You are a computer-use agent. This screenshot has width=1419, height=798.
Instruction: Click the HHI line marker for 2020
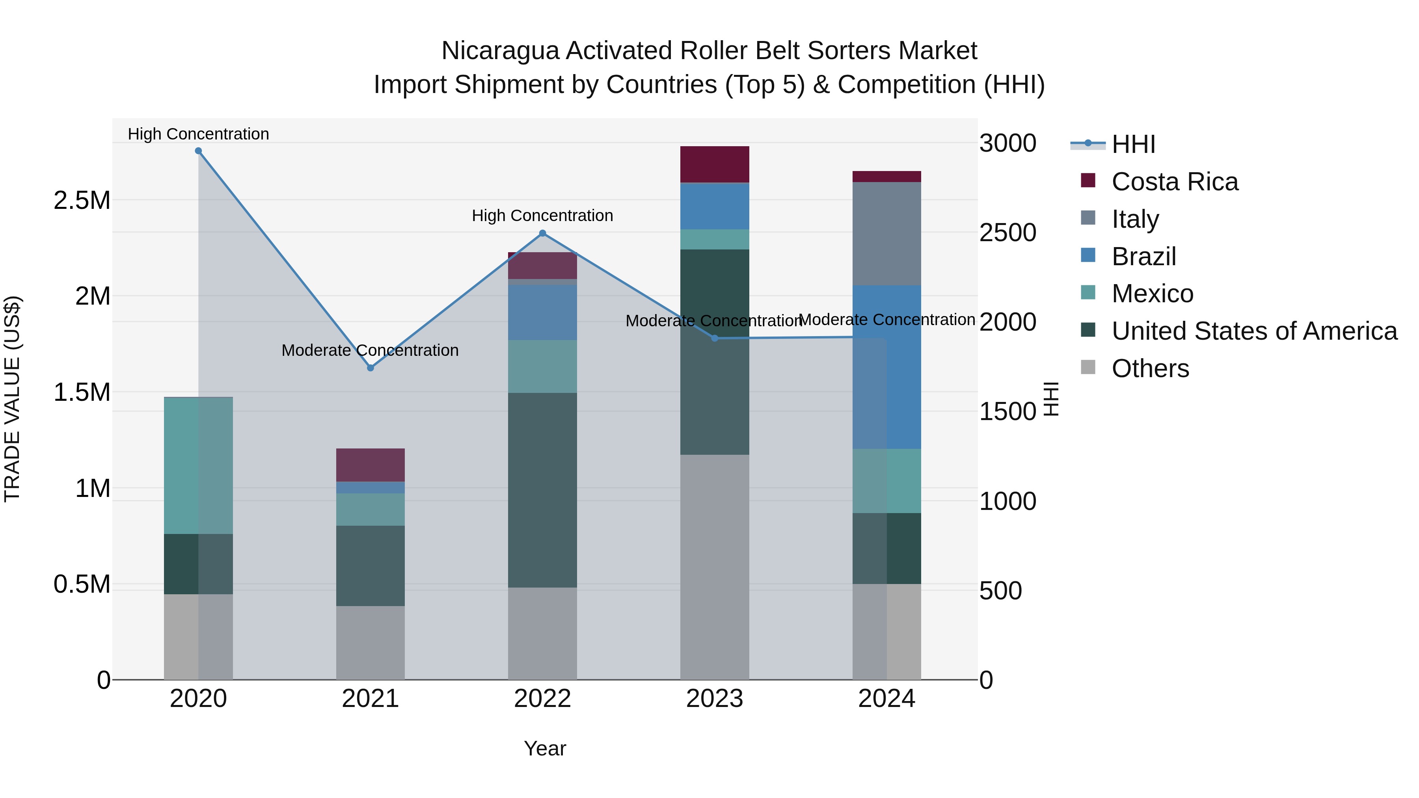coord(198,151)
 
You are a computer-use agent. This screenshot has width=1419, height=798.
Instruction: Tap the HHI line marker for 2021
coord(370,368)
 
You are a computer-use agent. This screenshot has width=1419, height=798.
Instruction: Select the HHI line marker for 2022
coord(543,234)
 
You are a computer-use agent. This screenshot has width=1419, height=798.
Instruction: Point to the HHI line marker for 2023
coord(715,338)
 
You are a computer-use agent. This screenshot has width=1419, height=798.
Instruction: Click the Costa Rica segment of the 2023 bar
coord(715,164)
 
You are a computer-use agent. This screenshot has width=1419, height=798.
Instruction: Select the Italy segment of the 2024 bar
coord(886,234)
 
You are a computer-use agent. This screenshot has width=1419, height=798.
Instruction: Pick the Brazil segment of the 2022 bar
coord(543,312)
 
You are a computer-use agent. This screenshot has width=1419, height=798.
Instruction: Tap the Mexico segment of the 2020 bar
coord(198,465)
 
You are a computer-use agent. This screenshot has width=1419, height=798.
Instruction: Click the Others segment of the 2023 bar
coord(715,567)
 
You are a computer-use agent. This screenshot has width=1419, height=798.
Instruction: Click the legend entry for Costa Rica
coord(1175,182)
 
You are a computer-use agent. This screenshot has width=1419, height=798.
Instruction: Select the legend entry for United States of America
coord(1254,331)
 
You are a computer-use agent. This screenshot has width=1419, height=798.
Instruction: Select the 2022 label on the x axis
coord(543,699)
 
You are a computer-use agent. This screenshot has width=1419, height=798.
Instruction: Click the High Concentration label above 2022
coord(543,215)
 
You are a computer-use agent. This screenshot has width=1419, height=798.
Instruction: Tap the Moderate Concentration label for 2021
coord(370,350)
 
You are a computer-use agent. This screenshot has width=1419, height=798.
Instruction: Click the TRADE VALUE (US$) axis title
coord(12,399)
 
